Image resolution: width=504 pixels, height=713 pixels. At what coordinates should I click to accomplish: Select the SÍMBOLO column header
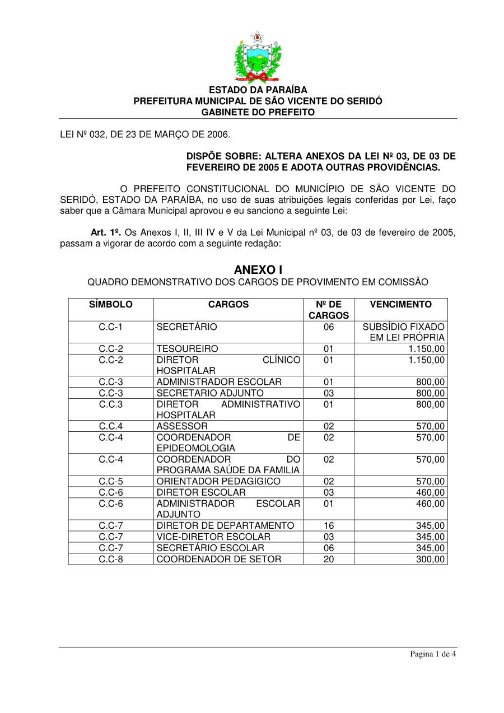[111, 305]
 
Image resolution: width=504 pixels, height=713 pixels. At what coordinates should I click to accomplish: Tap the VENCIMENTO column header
[401, 305]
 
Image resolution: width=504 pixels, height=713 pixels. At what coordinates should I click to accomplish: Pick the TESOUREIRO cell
[188, 349]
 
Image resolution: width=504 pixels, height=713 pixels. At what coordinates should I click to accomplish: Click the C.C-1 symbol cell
[111, 327]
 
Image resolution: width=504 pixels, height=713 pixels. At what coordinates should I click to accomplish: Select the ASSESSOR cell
[182, 426]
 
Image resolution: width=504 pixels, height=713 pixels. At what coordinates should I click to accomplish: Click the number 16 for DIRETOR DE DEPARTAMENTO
[329, 525]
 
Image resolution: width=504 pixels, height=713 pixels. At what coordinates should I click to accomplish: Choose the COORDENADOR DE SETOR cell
[219, 559]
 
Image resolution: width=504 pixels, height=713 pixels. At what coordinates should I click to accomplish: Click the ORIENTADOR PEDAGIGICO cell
[218, 482]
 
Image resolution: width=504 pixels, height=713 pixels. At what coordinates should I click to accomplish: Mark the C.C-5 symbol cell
[111, 482]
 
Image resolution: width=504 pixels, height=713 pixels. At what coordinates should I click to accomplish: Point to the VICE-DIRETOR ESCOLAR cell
[213, 537]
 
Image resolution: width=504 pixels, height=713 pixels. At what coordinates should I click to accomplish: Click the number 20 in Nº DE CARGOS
[329, 559]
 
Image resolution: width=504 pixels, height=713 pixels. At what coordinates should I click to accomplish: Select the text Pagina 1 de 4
[433, 654]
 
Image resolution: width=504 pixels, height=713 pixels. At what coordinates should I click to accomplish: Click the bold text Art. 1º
[106, 232]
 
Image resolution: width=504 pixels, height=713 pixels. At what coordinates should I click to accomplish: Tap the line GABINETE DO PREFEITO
[258, 112]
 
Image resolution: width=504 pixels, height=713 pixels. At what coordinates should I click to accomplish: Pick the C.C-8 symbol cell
[111, 559]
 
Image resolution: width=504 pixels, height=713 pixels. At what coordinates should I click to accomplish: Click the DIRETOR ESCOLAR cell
[201, 492]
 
